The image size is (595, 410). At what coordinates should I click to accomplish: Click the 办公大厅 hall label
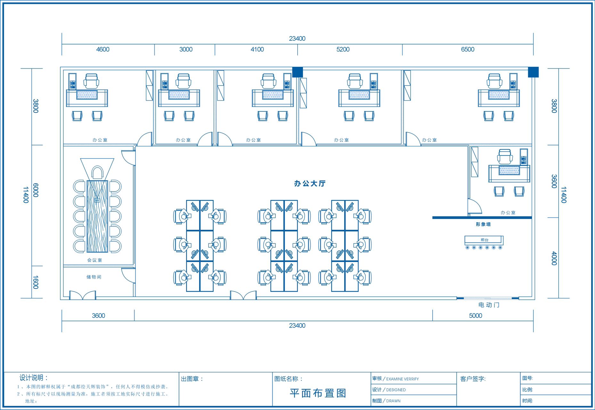(x=310, y=184)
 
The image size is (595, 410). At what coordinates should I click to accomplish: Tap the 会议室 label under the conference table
(x=94, y=260)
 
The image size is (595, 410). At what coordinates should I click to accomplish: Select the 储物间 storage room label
(x=94, y=277)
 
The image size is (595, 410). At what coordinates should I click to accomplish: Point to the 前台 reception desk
(x=484, y=240)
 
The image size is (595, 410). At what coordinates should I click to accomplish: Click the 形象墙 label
(x=483, y=224)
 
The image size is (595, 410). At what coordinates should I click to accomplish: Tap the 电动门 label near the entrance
(x=489, y=305)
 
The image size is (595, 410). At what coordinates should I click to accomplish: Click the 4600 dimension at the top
(x=103, y=49)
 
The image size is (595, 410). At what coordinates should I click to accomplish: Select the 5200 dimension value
(x=343, y=49)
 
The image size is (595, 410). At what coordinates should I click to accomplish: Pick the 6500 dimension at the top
(x=468, y=49)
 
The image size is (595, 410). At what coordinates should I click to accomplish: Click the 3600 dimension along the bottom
(x=98, y=316)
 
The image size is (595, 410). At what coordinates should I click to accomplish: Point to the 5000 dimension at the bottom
(x=476, y=316)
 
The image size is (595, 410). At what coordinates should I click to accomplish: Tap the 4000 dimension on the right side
(x=554, y=258)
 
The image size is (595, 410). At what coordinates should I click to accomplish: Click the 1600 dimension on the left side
(x=36, y=282)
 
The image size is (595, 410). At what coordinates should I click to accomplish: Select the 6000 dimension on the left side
(x=36, y=190)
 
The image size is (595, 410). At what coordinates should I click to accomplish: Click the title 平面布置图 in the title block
(x=318, y=393)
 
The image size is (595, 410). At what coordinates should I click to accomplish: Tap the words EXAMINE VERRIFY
(x=403, y=379)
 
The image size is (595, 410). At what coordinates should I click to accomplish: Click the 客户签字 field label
(x=473, y=379)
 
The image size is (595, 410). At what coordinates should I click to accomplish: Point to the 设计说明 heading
(x=34, y=378)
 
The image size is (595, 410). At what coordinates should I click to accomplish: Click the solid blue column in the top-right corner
(x=533, y=72)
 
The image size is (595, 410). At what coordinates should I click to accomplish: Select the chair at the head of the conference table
(x=97, y=173)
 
